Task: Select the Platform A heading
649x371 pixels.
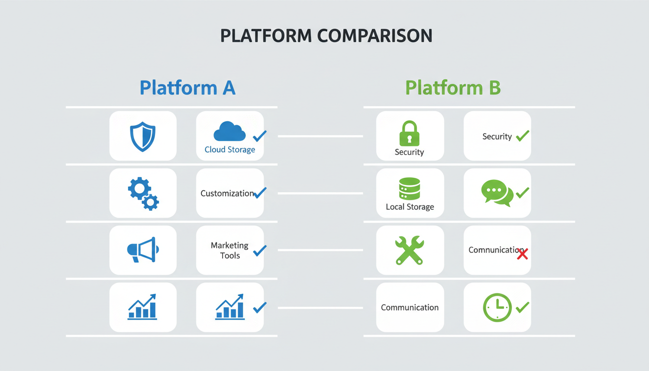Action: coord(187,88)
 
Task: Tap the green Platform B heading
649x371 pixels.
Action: coord(452,88)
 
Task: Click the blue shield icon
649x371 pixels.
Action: coord(143,137)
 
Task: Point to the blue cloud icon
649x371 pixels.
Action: coord(229,131)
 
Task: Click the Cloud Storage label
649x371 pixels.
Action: coord(230,150)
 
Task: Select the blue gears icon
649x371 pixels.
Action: coord(143,193)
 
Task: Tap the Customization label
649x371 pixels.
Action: coord(227,193)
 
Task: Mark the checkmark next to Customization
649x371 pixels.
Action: coord(260,193)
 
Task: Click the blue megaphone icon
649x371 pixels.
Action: coord(142,249)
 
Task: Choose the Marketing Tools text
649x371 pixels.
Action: coord(230,250)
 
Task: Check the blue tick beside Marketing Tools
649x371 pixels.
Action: coord(260,250)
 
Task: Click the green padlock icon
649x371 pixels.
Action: coord(409,133)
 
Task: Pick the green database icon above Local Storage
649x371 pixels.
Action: coord(409,189)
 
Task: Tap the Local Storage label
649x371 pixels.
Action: coord(410,207)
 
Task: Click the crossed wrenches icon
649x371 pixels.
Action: coord(409,250)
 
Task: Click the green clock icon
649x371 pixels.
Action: coord(497,308)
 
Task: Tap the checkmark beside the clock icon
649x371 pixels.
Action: coord(522,307)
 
